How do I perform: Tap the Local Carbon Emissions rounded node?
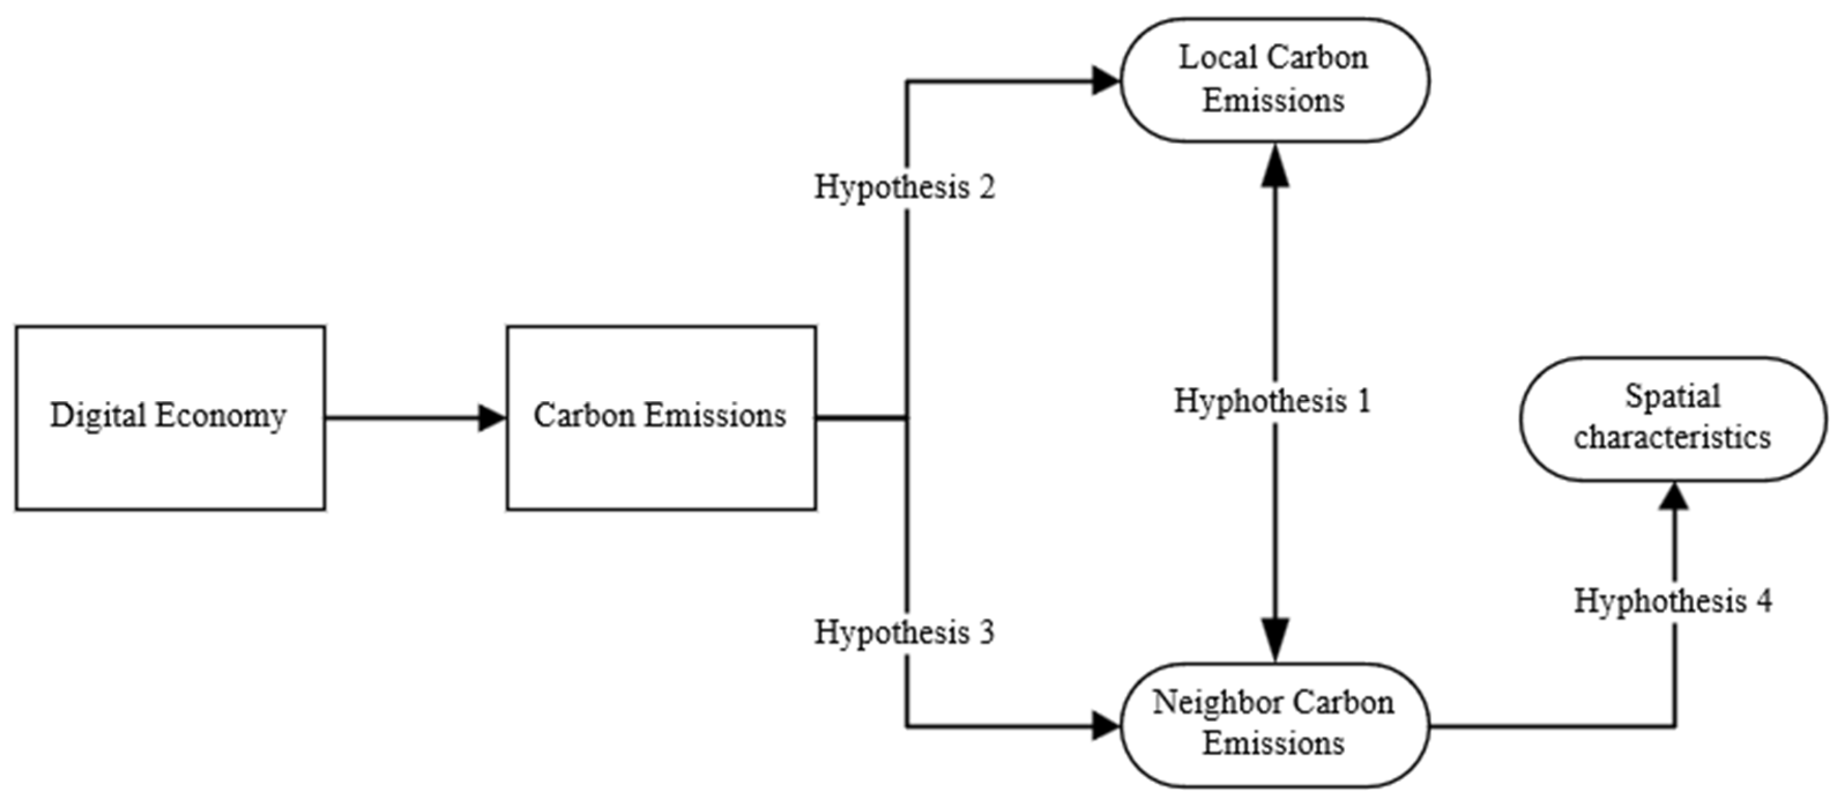(x=1275, y=80)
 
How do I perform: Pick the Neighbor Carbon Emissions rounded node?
(x=1275, y=725)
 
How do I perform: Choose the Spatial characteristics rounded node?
(x=1673, y=419)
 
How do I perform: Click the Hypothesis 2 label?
(x=905, y=187)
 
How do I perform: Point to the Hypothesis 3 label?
(x=905, y=633)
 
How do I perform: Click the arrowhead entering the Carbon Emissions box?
(x=492, y=418)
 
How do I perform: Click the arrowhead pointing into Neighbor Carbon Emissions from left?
(x=1106, y=727)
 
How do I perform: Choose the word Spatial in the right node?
(x=1673, y=397)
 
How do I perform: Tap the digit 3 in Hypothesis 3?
(x=986, y=633)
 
